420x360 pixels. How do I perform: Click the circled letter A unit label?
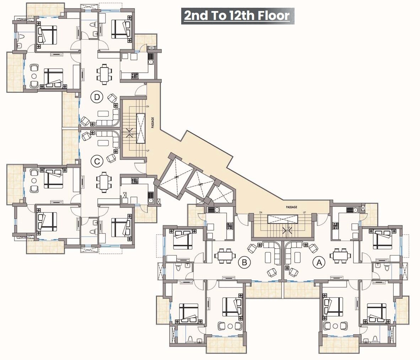[319, 263]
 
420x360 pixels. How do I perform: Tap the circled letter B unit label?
[244, 263]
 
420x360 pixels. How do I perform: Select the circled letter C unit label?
[96, 162]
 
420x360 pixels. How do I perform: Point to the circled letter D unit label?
[96, 97]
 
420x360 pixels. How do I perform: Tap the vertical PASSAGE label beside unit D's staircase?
[153, 123]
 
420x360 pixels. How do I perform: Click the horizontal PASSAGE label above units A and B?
[291, 207]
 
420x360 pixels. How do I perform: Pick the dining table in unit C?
[104, 182]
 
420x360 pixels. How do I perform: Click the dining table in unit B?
[225, 256]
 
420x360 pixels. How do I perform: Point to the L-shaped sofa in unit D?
[110, 119]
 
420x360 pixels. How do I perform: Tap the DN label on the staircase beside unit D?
[147, 106]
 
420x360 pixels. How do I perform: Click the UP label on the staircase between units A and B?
[304, 213]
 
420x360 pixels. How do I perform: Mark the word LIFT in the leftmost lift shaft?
[176, 177]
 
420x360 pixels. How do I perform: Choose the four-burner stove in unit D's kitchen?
[135, 75]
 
